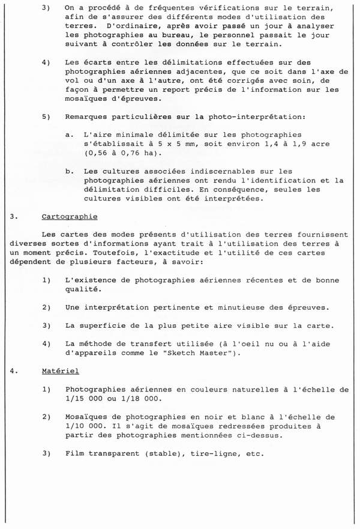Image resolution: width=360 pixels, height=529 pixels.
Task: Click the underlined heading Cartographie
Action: pyautogui.click(x=70, y=217)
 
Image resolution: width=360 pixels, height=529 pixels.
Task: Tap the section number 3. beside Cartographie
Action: pyautogui.click(x=13, y=217)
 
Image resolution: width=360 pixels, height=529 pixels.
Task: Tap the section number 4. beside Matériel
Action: pyautogui.click(x=13, y=372)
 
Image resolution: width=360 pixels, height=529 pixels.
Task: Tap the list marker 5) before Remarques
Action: pyautogui.click(x=46, y=116)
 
